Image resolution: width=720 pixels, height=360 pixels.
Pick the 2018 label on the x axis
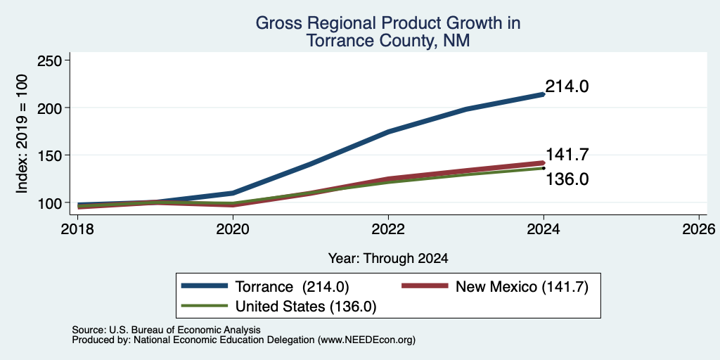point(77,229)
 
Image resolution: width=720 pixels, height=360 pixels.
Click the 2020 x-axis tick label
point(233,229)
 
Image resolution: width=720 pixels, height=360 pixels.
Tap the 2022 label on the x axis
point(388,229)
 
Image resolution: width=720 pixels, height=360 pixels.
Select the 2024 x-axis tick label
point(544,229)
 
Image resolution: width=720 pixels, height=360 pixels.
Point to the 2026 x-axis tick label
point(699,229)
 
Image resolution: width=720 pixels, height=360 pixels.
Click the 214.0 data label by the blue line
point(567,86)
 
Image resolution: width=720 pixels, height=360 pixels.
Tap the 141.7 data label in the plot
point(567,155)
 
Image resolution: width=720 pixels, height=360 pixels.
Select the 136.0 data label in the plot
point(567,179)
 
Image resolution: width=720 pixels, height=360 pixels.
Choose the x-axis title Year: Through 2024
point(388,259)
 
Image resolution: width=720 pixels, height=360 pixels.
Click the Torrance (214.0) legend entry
point(265,287)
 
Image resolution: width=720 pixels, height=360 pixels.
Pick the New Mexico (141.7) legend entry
point(494,287)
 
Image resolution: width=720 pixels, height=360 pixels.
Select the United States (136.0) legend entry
point(278,307)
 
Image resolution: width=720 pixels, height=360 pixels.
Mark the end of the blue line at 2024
point(544,94)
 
